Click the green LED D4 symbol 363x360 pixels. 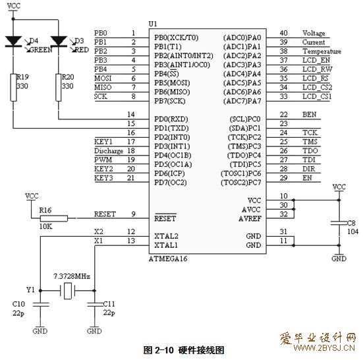coord(13,42)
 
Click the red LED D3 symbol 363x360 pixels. coord(59,42)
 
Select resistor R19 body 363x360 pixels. coord(14,88)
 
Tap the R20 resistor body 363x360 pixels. coord(59,88)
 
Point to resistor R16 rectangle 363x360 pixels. coord(54,218)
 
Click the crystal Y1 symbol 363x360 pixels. coord(68,291)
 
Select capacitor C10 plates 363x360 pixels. coord(41,304)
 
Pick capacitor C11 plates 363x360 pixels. coord(95,304)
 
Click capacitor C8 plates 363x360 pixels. coord(339,223)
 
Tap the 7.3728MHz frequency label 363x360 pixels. coord(72,276)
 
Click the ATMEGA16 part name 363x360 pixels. coord(168,258)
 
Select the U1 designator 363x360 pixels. coord(153,24)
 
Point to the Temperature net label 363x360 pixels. coord(321,51)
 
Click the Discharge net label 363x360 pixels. coord(109,151)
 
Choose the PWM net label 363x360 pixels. coord(103,160)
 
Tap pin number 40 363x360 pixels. coord(283,33)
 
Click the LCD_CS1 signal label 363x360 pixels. coord(317,97)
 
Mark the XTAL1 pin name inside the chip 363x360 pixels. coord(166,245)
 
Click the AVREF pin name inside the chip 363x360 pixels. coord(250,219)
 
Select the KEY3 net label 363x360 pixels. coord(103,178)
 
